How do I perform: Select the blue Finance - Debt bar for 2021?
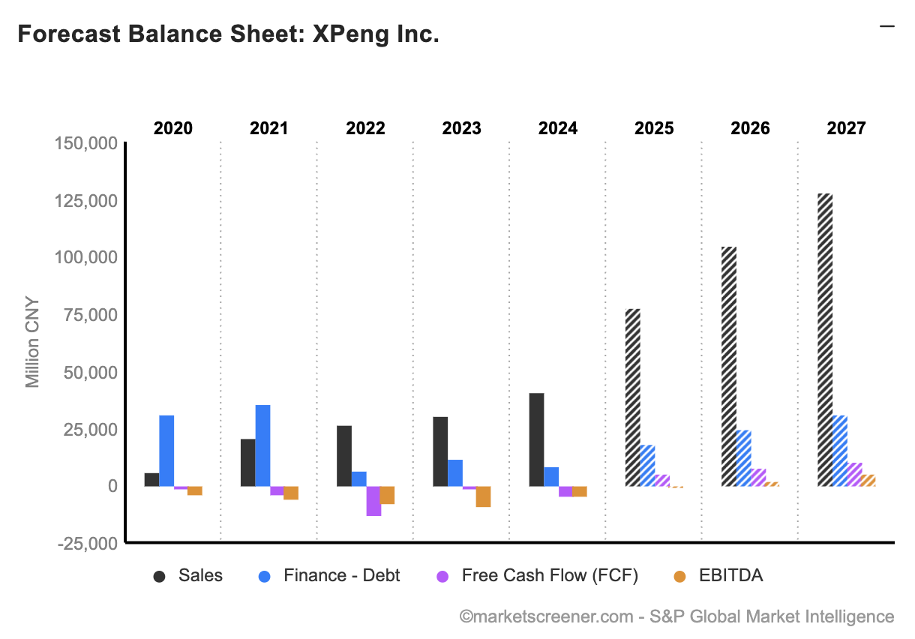[x=262, y=445]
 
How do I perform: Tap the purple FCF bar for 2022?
[x=373, y=501]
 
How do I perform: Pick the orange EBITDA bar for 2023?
[x=483, y=496]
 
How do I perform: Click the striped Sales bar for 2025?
[x=632, y=397]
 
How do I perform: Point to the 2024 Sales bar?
[x=536, y=439]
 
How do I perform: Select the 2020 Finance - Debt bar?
[x=166, y=451]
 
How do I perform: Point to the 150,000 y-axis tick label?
[x=87, y=143]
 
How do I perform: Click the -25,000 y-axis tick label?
[x=87, y=543]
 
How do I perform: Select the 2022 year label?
[x=365, y=128]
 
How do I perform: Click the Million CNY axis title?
[x=32, y=343]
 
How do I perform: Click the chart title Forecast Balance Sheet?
[x=228, y=34]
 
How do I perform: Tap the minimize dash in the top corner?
[x=887, y=26]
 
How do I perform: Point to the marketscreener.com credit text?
[x=676, y=616]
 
